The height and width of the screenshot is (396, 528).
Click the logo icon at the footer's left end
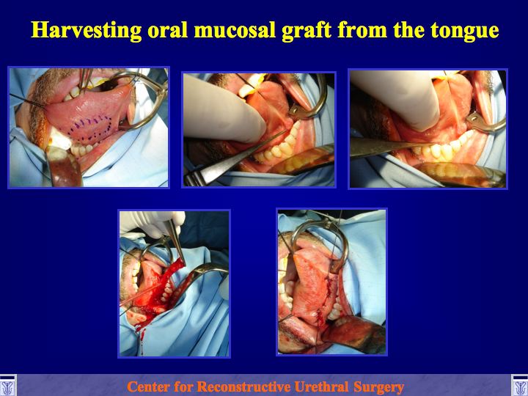coord(7,385)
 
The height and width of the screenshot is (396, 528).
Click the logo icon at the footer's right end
coord(520,385)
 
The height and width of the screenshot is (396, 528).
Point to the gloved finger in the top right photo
coord(397,98)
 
